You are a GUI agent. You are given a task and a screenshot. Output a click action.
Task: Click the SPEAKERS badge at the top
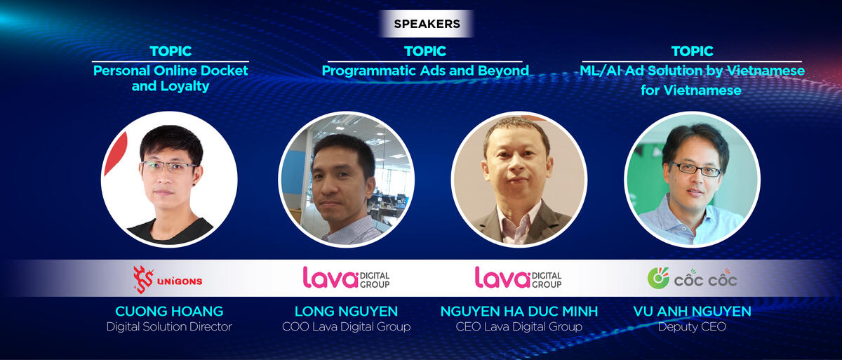coord(427,24)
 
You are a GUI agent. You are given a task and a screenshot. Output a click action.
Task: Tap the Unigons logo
coord(168,279)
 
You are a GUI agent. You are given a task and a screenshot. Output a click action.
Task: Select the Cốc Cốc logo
coord(692,279)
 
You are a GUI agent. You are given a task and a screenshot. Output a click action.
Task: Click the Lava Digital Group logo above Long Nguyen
coord(346,278)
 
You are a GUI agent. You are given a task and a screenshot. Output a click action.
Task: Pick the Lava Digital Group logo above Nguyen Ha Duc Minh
coord(519,278)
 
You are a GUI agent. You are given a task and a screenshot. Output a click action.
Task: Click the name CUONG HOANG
coord(169,311)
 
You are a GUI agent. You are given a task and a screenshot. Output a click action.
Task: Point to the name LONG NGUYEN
coord(346,311)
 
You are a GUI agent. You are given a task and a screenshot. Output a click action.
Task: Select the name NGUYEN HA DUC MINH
coord(519,311)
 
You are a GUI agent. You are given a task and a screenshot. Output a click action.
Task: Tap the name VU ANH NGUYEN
coord(692,311)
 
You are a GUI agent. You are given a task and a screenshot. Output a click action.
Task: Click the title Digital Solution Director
coord(169,326)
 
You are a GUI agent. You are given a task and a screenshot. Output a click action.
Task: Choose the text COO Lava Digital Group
coord(346,326)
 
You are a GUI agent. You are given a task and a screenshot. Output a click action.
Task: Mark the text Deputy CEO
coord(692,326)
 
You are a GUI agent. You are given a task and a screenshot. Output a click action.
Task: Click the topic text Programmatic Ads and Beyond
coord(425,71)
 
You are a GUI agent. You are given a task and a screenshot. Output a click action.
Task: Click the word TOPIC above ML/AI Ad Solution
coord(692,51)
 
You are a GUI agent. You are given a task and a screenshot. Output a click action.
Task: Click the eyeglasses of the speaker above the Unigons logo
coord(170,166)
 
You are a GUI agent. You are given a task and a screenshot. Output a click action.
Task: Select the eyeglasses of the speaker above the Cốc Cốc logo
coord(695,169)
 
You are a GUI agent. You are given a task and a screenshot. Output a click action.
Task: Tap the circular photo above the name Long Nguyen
coord(346,179)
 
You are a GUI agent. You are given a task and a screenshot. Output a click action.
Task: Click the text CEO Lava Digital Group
coord(519,326)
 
